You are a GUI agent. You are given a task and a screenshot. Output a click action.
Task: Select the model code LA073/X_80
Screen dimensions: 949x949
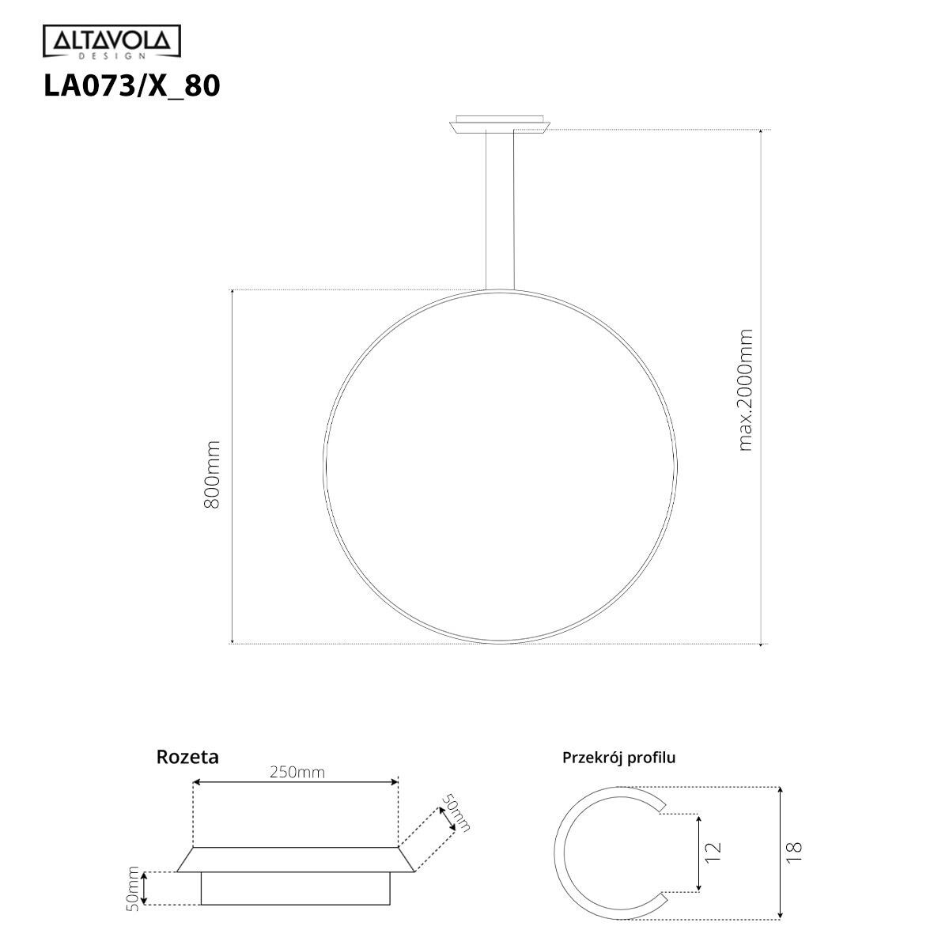pos(131,85)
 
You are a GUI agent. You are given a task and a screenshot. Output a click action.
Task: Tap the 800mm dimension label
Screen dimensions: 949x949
pos(212,475)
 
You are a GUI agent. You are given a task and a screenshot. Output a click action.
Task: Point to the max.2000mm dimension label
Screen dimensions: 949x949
pos(745,390)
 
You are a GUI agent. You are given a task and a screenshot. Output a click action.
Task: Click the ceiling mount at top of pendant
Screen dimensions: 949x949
pos(500,123)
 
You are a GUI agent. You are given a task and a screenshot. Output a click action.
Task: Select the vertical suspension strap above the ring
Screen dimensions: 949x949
pos(500,210)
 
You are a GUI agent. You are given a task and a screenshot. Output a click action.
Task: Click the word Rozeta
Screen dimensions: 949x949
pos(187,757)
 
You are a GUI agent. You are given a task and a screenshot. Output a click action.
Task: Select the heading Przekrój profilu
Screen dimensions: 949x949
pos(618,758)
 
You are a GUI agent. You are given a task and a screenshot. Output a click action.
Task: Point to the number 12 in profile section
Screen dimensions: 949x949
pos(713,851)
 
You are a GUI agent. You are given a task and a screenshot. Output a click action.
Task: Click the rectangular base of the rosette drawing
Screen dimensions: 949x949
pos(296,888)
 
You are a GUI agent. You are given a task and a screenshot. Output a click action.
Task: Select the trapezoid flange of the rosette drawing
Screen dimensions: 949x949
pos(296,859)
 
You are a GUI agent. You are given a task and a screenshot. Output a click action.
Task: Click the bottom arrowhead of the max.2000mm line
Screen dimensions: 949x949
pos(761,641)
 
